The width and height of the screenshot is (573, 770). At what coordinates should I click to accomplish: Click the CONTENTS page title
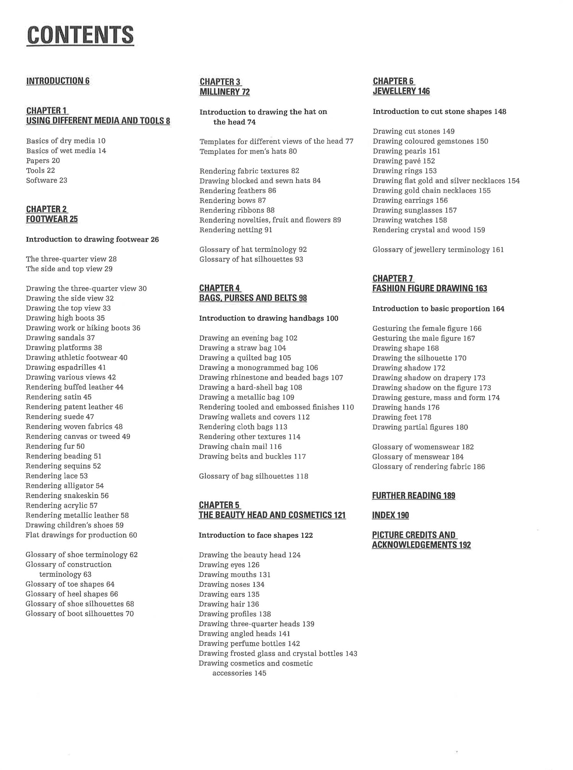click(x=80, y=35)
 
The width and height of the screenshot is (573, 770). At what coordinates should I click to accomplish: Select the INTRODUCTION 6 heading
click(x=58, y=81)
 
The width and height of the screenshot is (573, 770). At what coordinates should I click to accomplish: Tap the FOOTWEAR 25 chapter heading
click(x=52, y=219)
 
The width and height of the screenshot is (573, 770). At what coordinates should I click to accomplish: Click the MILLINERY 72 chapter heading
click(x=225, y=92)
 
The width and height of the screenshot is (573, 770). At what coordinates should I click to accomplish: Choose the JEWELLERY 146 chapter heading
click(x=401, y=91)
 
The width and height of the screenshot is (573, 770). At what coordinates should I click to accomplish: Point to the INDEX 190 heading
click(x=390, y=515)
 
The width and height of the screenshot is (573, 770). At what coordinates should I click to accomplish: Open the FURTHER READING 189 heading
click(x=413, y=496)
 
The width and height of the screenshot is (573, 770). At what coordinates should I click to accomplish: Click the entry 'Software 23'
click(x=47, y=180)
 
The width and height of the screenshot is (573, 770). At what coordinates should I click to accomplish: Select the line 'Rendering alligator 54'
click(x=65, y=486)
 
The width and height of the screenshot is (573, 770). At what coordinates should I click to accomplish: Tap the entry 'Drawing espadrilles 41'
click(x=66, y=367)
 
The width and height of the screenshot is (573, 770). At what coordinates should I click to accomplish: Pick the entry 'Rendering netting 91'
click(x=236, y=230)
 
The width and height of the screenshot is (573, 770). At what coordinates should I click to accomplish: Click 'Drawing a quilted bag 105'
click(x=245, y=358)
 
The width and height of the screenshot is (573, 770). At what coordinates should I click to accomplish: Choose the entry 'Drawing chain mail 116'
click(x=240, y=446)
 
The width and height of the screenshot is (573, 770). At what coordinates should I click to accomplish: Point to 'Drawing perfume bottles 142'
click(x=249, y=643)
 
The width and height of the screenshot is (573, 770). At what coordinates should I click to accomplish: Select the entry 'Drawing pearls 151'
click(x=406, y=151)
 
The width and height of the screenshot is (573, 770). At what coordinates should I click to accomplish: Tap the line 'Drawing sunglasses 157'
click(x=414, y=210)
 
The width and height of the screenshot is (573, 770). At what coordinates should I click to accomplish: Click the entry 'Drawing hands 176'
click(x=406, y=407)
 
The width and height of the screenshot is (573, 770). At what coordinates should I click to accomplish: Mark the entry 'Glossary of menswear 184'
click(x=418, y=457)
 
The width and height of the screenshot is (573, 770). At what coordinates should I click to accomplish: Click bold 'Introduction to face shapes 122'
click(x=256, y=535)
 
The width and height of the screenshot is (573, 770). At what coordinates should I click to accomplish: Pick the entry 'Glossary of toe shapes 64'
click(x=70, y=584)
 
